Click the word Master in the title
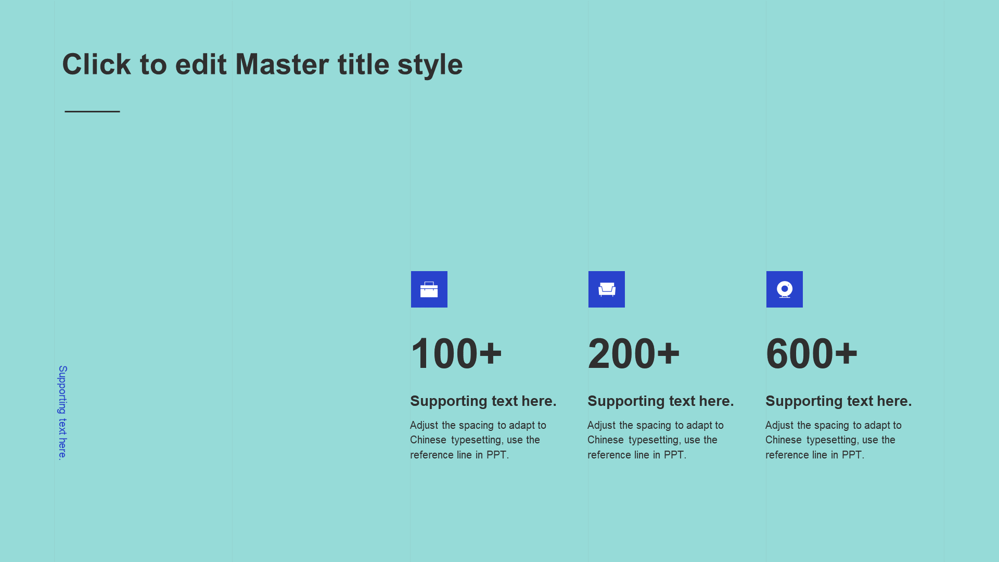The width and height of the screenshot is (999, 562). [x=282, y=65]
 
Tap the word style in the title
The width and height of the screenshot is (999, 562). [x=430, y=66]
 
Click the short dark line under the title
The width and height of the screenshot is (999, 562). [x=92, y=111]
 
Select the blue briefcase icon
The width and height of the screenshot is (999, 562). [x=429, y=289]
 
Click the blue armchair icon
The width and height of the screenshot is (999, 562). [x=607, y=289]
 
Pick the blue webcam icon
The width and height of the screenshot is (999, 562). [x=785, y=289]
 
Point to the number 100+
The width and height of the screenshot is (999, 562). [x=456, y=354]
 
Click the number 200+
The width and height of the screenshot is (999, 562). [x=634, y=354]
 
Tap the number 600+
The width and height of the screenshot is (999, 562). [x=812, y=354]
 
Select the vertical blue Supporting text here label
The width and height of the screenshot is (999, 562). [x=62, y=413]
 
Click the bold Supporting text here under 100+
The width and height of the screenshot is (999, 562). [x=483, y=401]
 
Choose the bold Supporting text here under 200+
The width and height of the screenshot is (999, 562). [x=661, y=401]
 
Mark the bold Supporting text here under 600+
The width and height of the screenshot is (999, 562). [x=839, y=401]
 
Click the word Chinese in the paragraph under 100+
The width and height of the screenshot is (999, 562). [x=428, y=440]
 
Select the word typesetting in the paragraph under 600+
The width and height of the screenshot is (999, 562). [x=833, y=440]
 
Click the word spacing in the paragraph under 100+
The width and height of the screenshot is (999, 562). [x=476, y=426]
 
